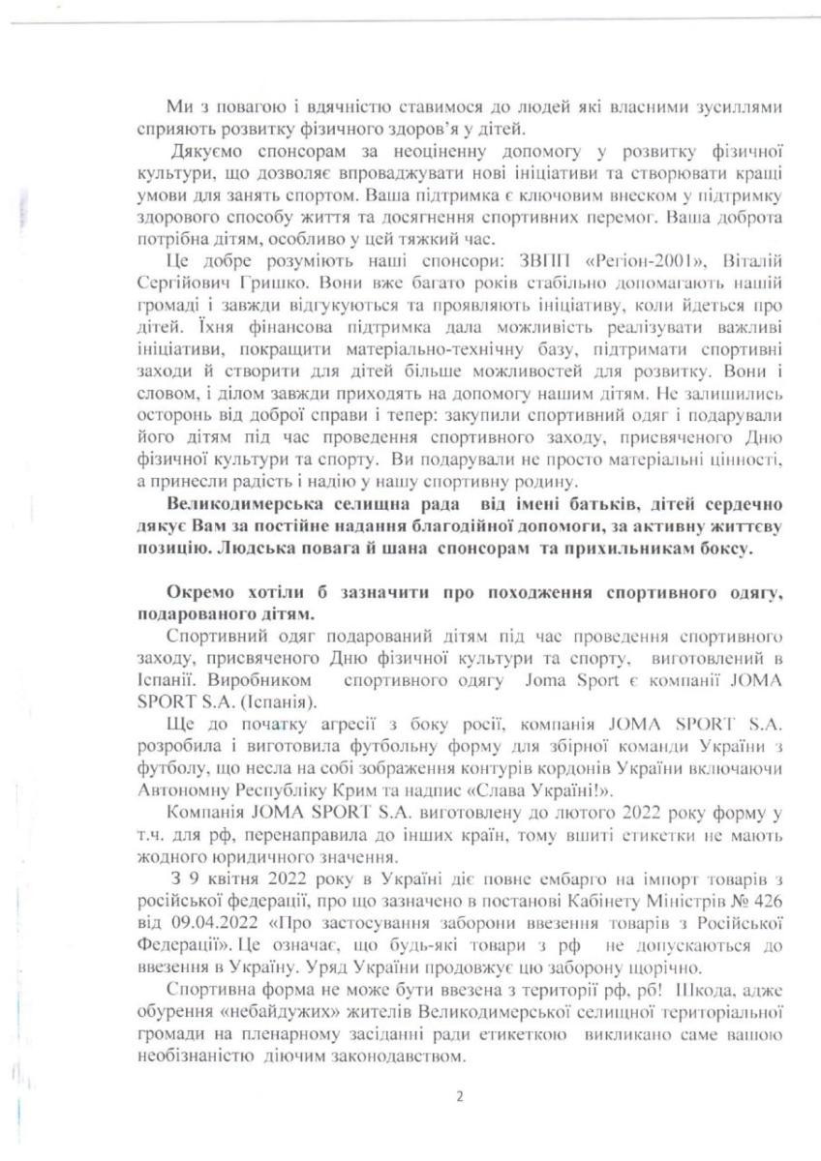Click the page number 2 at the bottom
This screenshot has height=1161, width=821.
[x=460, y=1096]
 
